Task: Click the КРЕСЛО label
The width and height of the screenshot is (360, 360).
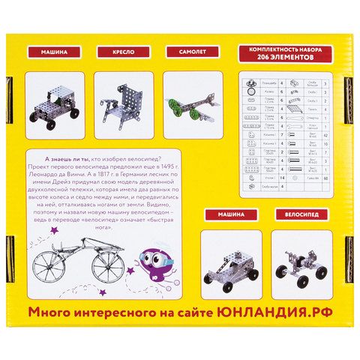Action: (x=121, y=53)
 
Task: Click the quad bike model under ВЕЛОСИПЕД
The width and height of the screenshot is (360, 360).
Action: (x=298, y=264)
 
